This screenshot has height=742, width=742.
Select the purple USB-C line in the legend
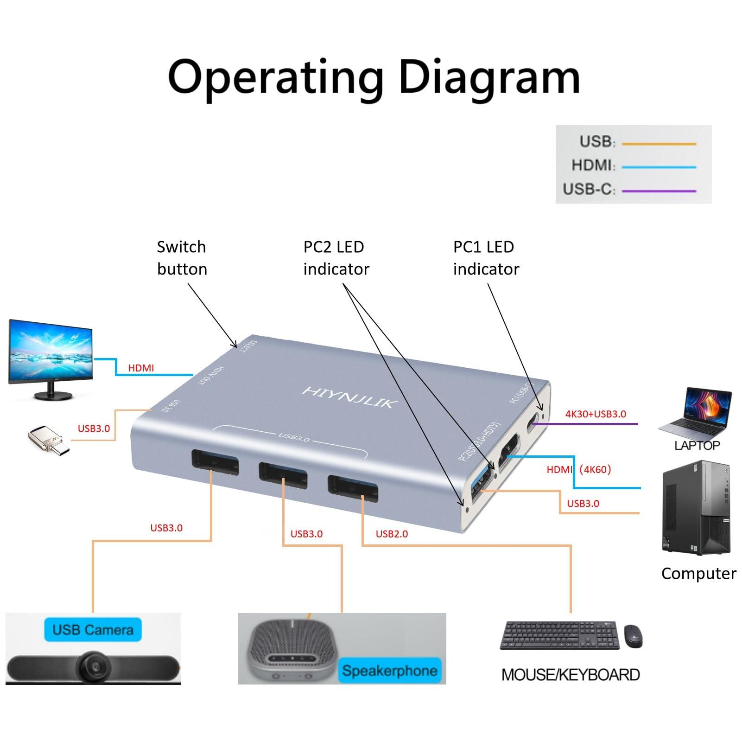pyautogui.click(x=659, y=191)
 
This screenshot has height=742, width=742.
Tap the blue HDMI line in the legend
pyautogui.click(x=659, y=167)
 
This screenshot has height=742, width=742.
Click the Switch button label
pyautogui.click(x=182, y=258)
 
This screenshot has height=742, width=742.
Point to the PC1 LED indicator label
pyautogui.click(x=486, y=258)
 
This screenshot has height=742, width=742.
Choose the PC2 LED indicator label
pyautogui.click(x=336, y=258)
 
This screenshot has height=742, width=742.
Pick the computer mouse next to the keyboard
pyautogui.click(x=633, y=636)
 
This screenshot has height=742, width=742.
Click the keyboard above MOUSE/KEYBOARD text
pyautogui.click(x=559, y=635)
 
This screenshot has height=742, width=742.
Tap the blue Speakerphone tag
pyautogui.click(x=389, y=671)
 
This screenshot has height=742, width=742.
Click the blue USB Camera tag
pyautogui.click(x=93, y=630)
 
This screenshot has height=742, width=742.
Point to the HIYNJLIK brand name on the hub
pyautogui.click(x=349, y=398)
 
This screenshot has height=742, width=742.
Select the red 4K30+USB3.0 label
pyautogui.click(x=596, y=414)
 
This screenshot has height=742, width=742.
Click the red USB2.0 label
pyautogui.click(x=392, y=534)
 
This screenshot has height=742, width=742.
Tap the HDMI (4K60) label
pyautogui.click(x=579, y=470)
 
